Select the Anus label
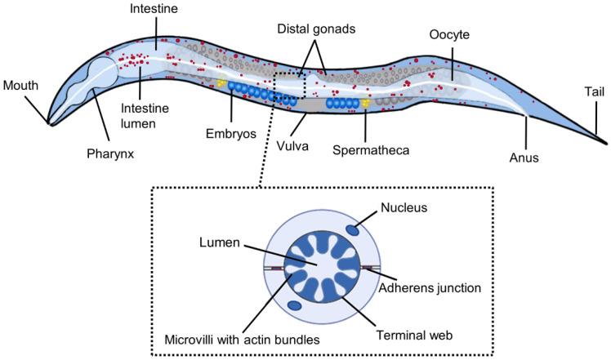tap(524, 158)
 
